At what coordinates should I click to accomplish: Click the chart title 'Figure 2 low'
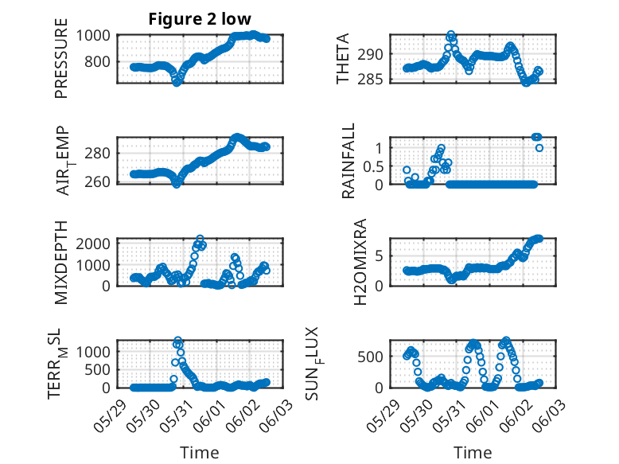coord(200,20)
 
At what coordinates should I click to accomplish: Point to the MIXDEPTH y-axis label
coord(62,262)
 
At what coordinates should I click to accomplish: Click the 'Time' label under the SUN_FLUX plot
coord(473,453)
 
